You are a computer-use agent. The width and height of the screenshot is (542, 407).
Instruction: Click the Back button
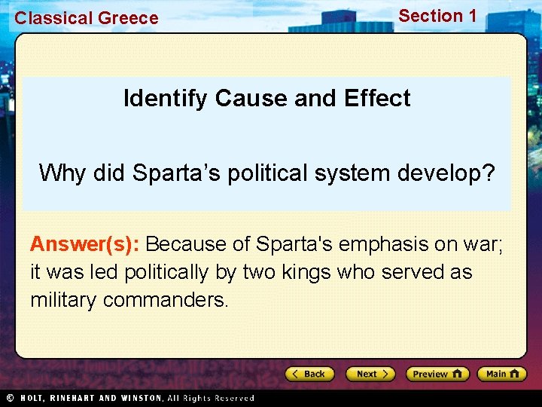pos(309,374)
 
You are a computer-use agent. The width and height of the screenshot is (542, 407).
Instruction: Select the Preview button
pos(437,374)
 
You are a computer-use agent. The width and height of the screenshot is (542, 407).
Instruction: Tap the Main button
pos(501,374)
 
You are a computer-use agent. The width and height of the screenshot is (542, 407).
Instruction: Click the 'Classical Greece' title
pos(87,18)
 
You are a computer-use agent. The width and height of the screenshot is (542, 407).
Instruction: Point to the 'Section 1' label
pos(437,16)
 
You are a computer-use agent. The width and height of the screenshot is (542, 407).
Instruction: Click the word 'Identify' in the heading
pos(166,99)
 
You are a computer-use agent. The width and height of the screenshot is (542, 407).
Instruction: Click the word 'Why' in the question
pos(63,173)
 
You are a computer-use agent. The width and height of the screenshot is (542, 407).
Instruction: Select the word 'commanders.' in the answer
pos(166,300)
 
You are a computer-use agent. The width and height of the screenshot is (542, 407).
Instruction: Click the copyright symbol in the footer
pos(10,398)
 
